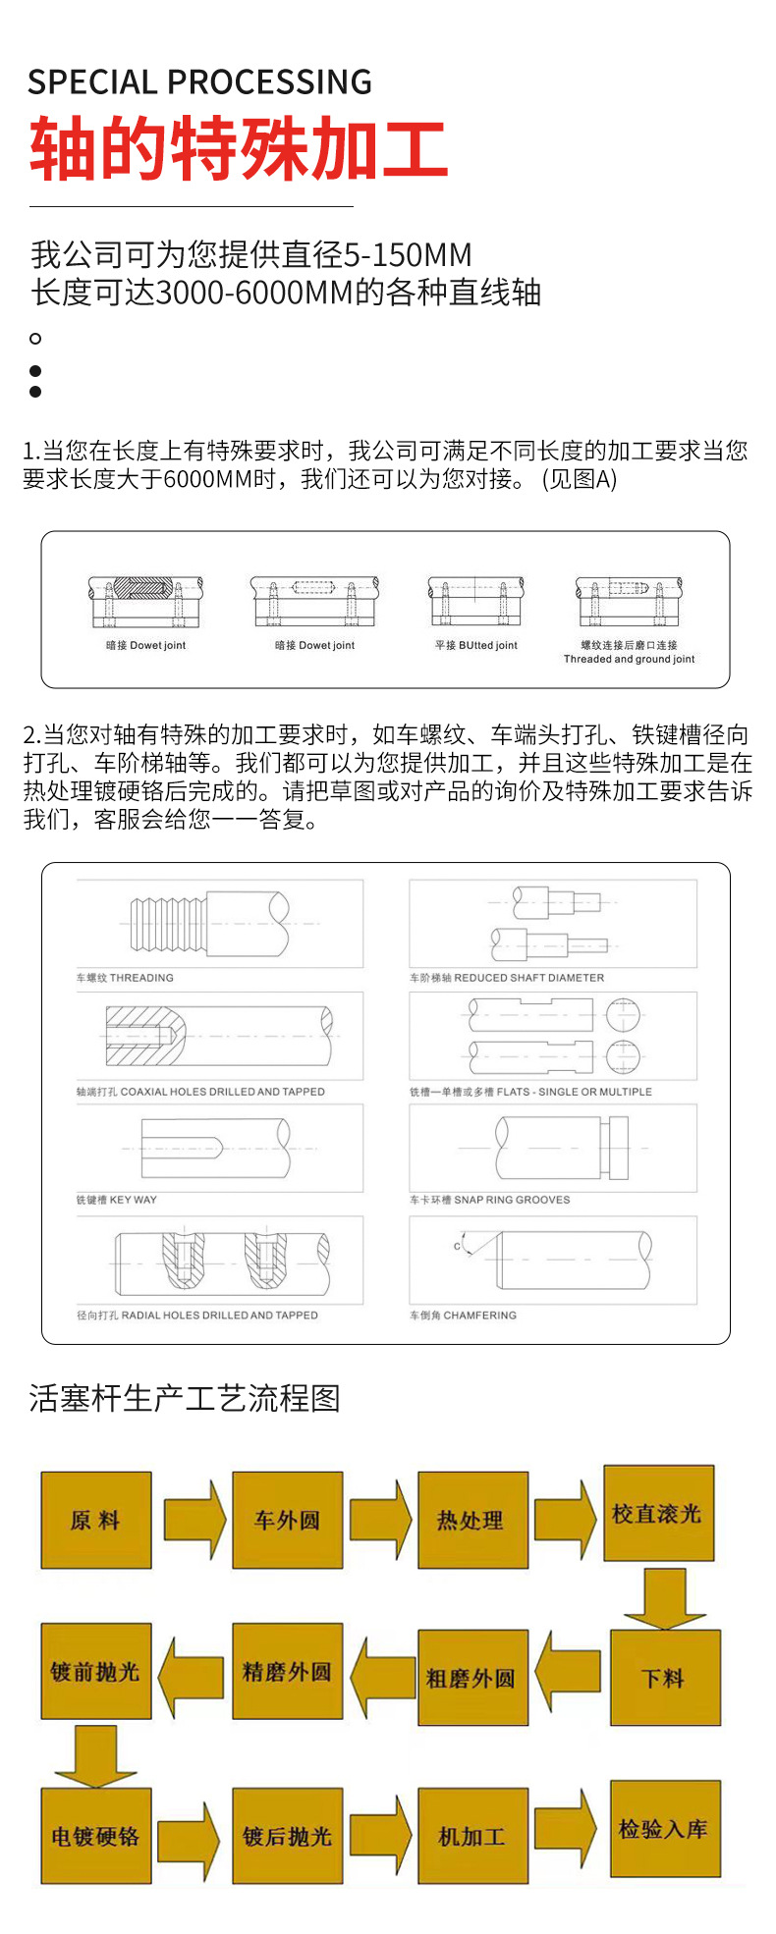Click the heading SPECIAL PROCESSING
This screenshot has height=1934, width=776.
(x=199, y=81)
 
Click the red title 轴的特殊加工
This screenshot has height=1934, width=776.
(x=239, y=149)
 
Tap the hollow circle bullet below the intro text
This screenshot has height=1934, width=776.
(x=35, y=339)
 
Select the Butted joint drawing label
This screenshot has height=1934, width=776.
(x=476, y=645)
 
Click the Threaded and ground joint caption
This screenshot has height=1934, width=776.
(x=629, y=659)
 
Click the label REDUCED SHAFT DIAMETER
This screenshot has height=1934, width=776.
(x=507, y=978)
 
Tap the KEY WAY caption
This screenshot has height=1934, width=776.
(x=117, y=1200)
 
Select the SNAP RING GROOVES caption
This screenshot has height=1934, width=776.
(x=490, y=1200)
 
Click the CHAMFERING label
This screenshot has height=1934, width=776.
(x=463, y=1315)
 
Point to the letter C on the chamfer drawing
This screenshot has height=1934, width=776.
(x=457, y=1246)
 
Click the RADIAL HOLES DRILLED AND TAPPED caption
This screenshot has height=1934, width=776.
(x=197, y=1315)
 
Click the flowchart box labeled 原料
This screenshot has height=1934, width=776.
(x=95, y=1520)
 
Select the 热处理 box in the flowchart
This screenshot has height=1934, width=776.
(x=472, y=1520)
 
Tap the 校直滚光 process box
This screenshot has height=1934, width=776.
(x=657, y=1513)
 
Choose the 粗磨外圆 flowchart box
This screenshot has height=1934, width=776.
(x=472, y=1678)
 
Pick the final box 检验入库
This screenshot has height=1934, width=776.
(x=664, y=1829)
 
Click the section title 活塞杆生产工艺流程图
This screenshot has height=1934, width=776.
(x=185, y=1397)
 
